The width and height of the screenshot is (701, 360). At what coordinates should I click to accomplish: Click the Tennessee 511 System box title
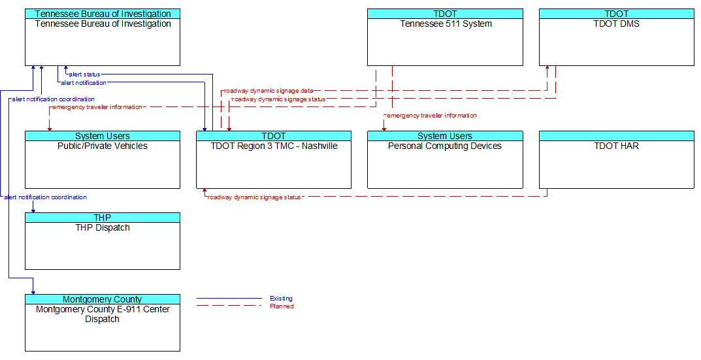pyautogui.click(x=446, y=24)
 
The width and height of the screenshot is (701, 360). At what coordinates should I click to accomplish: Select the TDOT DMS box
pyautogui.click(x=617, y=37)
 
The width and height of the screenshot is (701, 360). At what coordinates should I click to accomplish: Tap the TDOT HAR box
pyautogui.click(x=617, y=159)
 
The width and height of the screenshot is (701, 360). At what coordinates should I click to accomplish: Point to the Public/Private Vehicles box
pyautogui.click(x=103, y=159)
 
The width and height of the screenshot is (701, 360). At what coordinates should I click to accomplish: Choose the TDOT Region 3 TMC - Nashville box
pyautogui.click(x=274, y=159)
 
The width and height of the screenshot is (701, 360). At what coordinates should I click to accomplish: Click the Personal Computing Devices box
pyautogui.click(x=445, y=159)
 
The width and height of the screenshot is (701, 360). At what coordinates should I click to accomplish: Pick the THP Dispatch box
pyautogui.click(x=103, y=241)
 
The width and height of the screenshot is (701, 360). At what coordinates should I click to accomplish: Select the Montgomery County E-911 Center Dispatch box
pyautogui.click(x=103, y=323)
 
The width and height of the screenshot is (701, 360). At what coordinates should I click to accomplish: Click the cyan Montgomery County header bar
pyautogui.click(x=103, y=299)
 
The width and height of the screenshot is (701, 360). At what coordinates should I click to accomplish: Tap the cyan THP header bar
pyautogui.click(x=103, y=218)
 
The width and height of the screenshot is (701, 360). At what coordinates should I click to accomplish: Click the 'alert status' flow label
pyautogui.click(x=84, y=74)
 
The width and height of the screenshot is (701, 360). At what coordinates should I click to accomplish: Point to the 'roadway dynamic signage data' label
pyautogui.click(x=269, y=91)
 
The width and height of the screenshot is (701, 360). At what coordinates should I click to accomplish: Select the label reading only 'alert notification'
pyautogui.click(x=84, y=83)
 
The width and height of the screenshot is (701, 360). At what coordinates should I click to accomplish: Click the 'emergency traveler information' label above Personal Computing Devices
pyautogui.click(x=431, y=116)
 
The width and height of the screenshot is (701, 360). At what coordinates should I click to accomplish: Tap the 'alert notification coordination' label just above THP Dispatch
pyautogui.click(x=45, y=197)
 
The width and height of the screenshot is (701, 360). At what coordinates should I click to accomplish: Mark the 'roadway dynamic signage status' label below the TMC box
pyautogui.click(x=254, y=197)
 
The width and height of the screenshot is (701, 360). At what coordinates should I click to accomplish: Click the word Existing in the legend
pyautogui.click(x=281, y=299)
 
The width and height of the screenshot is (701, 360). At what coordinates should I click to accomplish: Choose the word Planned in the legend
pyautogui.click(x=282, y=306)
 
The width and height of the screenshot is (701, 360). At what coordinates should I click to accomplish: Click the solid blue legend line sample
pyautogui.click(x=229, y=299)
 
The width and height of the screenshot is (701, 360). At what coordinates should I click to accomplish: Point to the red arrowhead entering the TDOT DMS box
pyautogui.click(x=547, y=69)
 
